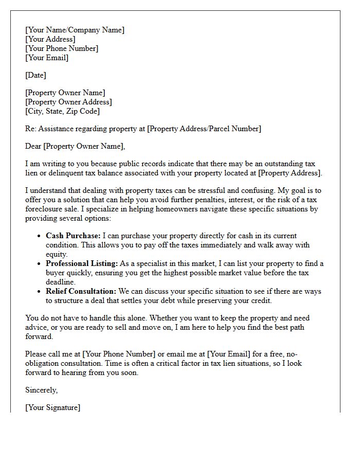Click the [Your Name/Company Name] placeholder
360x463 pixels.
(75, 30)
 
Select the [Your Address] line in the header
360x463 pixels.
(50, 39)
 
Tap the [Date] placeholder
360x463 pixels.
(35, 75)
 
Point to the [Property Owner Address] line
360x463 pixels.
(68, 102)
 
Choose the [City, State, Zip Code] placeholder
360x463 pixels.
(62, 111)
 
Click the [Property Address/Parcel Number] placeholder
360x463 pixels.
(204, 129)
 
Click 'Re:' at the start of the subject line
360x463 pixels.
(31, 129)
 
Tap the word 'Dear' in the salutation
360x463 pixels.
(33, 146)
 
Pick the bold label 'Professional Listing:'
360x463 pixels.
(82, 263)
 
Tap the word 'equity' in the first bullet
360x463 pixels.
(57, 254)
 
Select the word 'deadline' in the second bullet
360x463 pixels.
(60, 282)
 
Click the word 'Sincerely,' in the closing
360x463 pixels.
(42, 390)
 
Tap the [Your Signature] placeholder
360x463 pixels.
(52, 407)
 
